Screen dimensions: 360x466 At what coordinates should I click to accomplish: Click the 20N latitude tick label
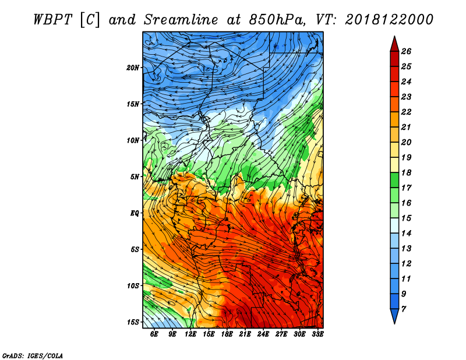pyautogui.click(x=133, y=68)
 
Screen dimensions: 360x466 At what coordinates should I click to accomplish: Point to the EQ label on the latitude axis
pyautogui.click(x=134, y=213)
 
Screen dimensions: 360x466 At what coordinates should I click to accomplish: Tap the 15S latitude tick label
pyautogui.click(x=133, y=322)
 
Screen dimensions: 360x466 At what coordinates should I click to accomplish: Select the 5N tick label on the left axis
pyautogui.click(x=135, y=177)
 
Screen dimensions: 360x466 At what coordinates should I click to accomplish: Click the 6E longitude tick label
pyautogui.click(x=154, y=334)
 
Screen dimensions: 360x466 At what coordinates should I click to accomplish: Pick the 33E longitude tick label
pyautogui.click(x=317, y=334)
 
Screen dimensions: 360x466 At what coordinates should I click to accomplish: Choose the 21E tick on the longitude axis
pyautogui.click(x=245, y=334)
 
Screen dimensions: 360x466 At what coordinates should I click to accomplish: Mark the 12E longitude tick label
pyautogui.click(x=190, y=334)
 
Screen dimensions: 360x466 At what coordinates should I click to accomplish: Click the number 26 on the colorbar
pyautogui.click(x=407, y=52)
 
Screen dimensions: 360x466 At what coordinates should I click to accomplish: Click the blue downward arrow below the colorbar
pyautogui.click(x=394, y=315)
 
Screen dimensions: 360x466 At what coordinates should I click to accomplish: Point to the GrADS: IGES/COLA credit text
pyautogui.click(x=33, y=355)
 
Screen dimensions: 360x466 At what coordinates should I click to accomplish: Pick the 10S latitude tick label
pyautogui.click(x=133, y=286)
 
